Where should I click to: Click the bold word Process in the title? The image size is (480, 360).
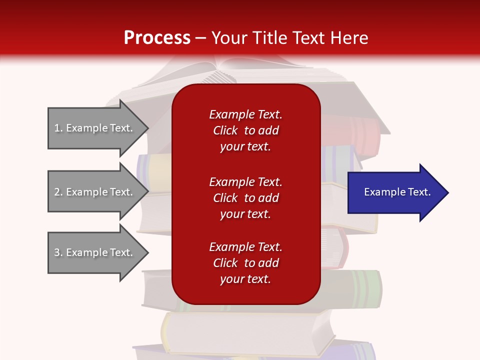[157, 38]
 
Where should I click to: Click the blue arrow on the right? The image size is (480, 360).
[395, 192]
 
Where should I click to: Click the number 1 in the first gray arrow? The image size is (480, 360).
[57, 128]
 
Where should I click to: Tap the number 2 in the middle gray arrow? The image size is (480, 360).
[57, 192]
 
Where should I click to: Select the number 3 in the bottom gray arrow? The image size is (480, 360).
[57, 252]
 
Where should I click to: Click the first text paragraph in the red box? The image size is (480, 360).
[245, 130]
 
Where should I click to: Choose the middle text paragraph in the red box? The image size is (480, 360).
[245, 198]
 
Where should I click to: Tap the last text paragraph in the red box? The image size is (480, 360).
[245, 263]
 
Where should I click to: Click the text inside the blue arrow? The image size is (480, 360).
[397, 192]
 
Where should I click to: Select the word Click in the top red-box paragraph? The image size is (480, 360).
[225, 130]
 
